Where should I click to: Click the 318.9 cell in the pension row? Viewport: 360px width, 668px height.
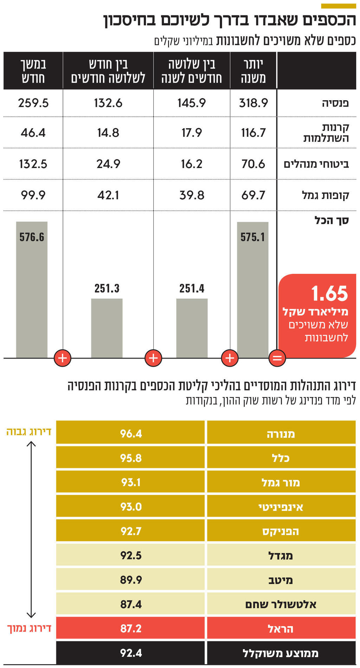coord(253,103)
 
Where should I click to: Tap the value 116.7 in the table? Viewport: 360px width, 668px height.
coord(253,133)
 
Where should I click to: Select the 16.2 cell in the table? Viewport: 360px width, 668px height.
coord(192,164)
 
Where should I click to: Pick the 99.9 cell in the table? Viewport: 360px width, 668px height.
coord(33,195)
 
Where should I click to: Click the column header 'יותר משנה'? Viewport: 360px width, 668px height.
coord(253,71)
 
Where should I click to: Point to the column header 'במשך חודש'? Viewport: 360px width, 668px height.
coord(33,71)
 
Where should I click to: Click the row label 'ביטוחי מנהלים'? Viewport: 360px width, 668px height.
coord(316,164)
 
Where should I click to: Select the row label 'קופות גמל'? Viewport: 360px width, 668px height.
coord(325,195)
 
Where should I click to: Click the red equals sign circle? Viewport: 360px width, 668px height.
coord(277,358)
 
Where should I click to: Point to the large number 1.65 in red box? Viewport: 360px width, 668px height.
coord(329,294)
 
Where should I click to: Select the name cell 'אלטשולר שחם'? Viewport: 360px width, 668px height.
coord(281,604)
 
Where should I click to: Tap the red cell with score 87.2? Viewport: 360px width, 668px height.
coord(131,628)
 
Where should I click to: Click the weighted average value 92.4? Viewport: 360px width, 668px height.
coord(131,653)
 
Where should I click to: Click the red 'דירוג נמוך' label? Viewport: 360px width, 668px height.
coord(29,628)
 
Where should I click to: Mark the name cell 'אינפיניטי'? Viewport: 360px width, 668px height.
coord(281,507)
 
